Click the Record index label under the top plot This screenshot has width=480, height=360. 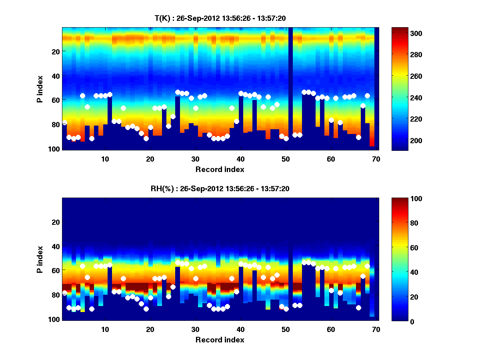point(220,169)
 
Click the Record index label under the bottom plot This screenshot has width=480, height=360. point(220,340)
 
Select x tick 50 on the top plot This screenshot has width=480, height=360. point(286,159)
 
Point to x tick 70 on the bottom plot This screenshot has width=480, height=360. point(376,329)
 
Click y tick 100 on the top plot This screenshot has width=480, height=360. point(55,149)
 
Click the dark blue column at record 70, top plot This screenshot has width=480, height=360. point(376,88)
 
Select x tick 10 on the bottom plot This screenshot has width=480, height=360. point(105,329)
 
